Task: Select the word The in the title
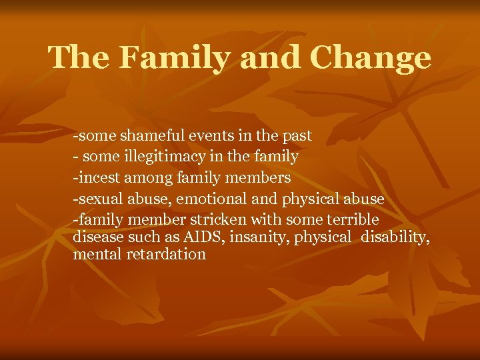click(79, 59)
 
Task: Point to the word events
click(215, 136)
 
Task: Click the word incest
click(99, 177)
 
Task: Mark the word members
click(256, 177)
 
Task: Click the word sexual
click(99, 199)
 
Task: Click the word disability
click(394, 237)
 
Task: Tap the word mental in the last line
click(95, 254)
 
